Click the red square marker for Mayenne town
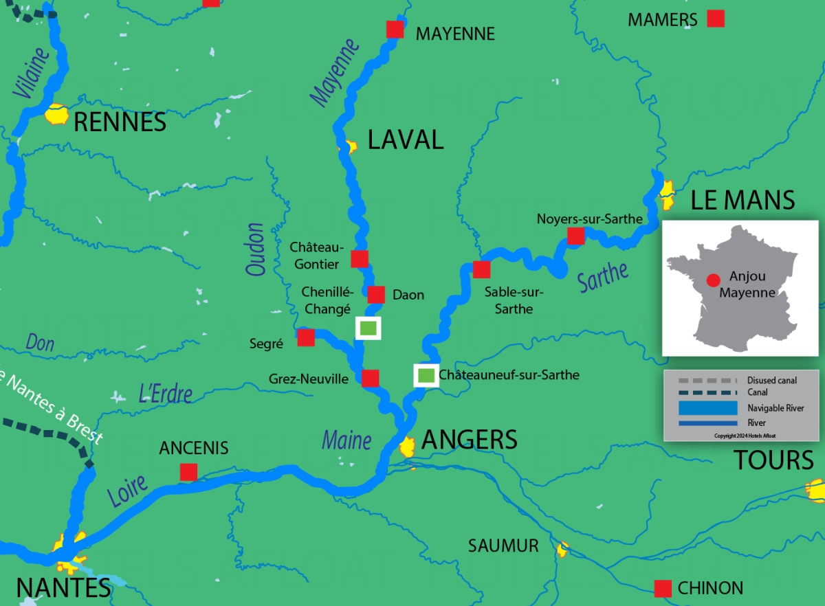click(395, 29)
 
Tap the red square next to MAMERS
click(716, 19)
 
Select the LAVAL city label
click(406, 139)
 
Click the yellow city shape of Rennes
click(56, 115)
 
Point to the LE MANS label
click(742, 201)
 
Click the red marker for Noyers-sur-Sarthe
click(575, 236)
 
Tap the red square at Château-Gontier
click(360, 258)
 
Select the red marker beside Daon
click(376, 295)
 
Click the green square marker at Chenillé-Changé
click(368, 328)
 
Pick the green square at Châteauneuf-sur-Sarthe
click(426, 375)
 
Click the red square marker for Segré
click(306, 337)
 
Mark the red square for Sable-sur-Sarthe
click(481, 269)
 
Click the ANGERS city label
click(469, 440)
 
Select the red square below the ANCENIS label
click(188, 472)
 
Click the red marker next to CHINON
click(663, 589)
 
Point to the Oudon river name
click(256, 249)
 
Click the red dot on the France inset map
click(714, 280)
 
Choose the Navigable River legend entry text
click(775, 408)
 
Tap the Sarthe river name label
click(603, 276)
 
